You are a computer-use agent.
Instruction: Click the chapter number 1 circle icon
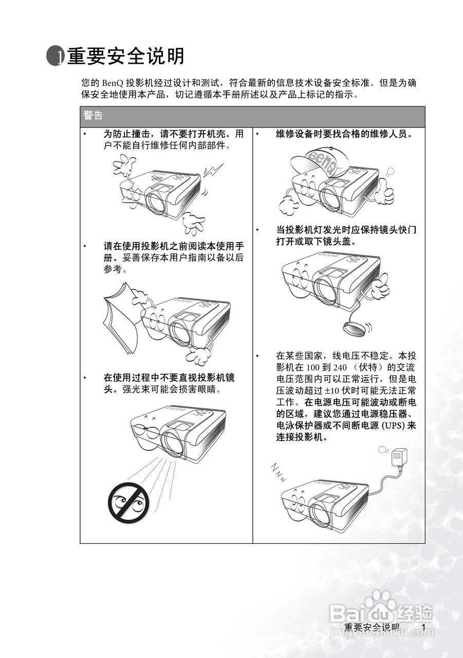click(x=54, y=56)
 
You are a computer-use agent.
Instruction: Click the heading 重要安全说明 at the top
click(x=126, y=56)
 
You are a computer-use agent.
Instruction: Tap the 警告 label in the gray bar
click(x=93, y=115)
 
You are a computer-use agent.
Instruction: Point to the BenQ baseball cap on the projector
click(x=321, y=162)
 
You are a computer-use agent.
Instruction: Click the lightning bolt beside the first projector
click(x=214, y=170)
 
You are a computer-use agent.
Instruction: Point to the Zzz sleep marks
click(x=277, y=472)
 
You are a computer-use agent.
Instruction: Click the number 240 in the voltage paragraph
click(x=340, y=368)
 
